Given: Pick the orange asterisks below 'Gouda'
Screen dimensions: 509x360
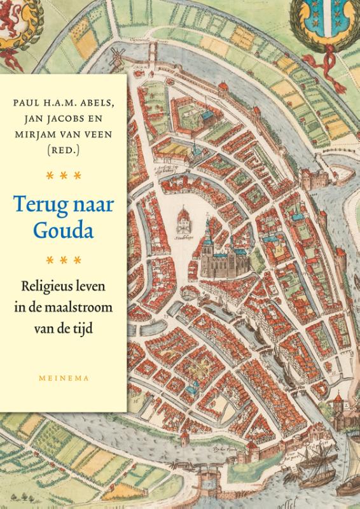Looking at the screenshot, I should tap(64, 259).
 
